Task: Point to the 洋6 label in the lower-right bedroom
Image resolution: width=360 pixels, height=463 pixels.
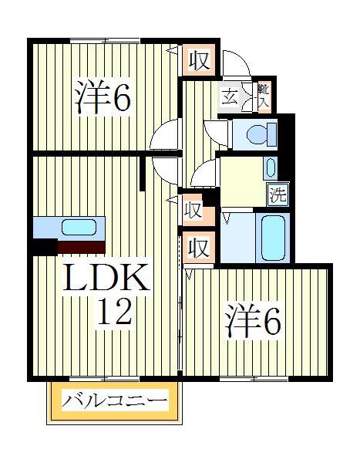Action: tap(253, 323)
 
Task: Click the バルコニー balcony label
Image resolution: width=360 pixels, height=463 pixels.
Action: tap(115, 401)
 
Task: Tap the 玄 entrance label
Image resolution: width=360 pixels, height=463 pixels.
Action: tap(230, 97)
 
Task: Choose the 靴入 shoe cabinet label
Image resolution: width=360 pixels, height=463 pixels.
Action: tap(263, 96)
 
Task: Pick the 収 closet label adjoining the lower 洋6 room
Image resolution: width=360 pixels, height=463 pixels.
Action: tap(198, 248)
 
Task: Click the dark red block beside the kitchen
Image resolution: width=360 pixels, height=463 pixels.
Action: tap(81, 247)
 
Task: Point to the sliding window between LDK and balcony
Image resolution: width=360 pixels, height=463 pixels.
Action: tap(103, 379)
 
